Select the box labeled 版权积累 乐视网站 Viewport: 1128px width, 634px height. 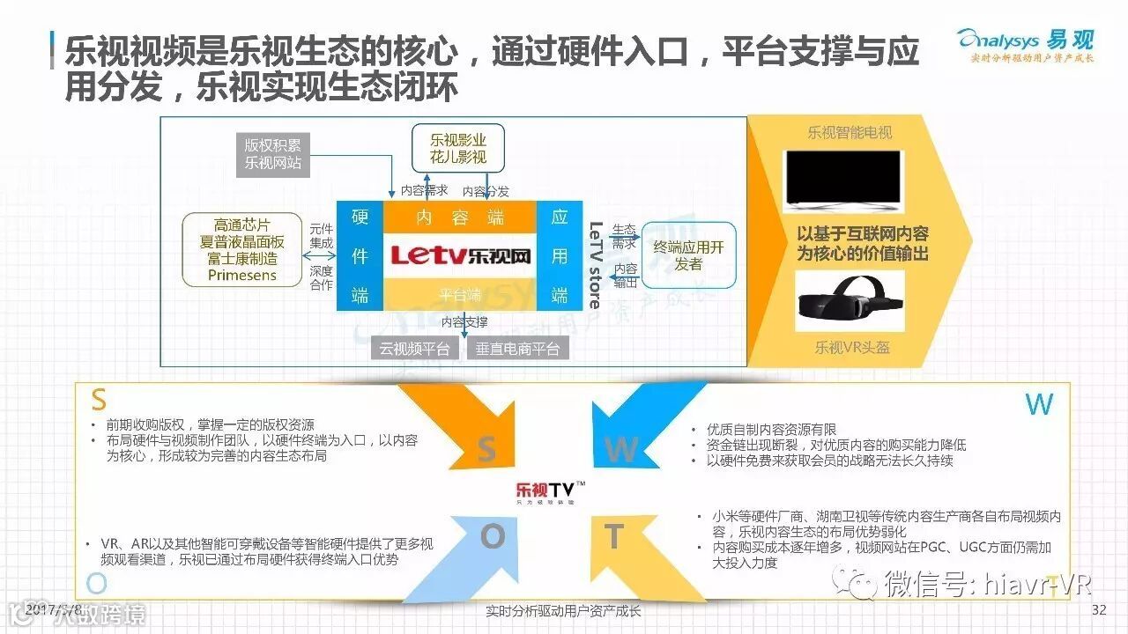[272, 154]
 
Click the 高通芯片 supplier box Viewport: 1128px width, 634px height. [241, 251]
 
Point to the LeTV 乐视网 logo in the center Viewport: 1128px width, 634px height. [461, 256]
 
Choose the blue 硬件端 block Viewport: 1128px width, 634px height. [360, 256]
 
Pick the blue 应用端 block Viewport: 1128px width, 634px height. [560, 256]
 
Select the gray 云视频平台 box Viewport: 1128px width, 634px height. [414, 349]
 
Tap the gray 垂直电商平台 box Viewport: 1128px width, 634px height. [517, 349]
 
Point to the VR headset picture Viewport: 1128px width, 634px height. [850, 299]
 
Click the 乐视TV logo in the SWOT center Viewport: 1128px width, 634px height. [550, 491]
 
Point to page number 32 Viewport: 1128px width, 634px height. [1098, 610]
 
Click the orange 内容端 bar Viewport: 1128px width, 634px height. [459, 217]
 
